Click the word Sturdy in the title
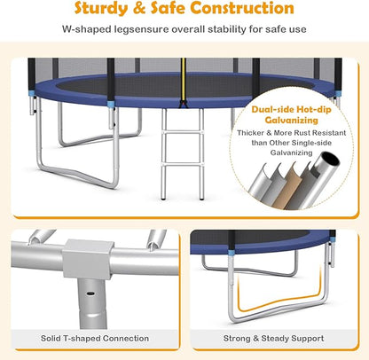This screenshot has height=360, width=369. (x=101, y=8)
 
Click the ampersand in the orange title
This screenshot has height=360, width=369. (x=139, y=8)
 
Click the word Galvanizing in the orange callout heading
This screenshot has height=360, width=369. (x=291, y=121)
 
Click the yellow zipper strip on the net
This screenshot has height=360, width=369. (x=184, y=79)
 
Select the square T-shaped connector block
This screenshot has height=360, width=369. (x=88, y=259)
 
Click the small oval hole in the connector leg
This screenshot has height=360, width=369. (x=90, y=293)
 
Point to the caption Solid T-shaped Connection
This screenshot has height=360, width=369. (x=95, y=339)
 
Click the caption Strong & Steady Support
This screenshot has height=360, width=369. (x=273, y=339)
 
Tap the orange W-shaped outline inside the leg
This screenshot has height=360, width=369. (x=278, y=303)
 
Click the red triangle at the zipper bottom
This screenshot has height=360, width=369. (x=184, y=104)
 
